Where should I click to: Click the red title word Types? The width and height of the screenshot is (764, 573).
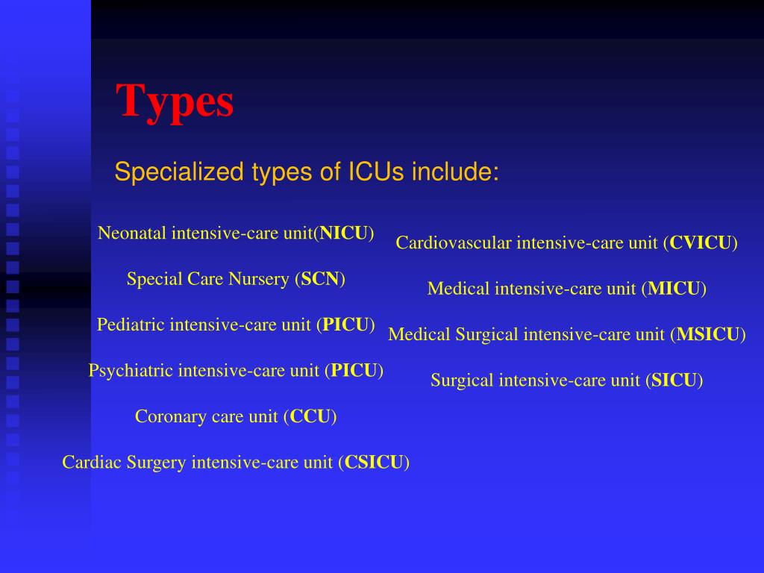tap(175, 102)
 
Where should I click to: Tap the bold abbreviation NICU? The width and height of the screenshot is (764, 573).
tap(344, 234)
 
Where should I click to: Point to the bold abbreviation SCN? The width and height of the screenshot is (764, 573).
tap(320, 280)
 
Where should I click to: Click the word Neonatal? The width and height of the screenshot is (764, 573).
tap(132, 234)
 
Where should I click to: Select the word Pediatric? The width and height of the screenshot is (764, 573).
tap(131, 325)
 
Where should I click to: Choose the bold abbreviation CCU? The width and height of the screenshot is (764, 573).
tap(310, 416)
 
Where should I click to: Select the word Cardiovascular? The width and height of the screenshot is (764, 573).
tap(454, 242)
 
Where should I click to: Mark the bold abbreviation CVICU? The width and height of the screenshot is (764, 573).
tap(701, 242)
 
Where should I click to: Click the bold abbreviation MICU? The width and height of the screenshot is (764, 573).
tap(674, 289)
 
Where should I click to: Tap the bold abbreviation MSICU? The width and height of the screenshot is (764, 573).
tap(708, 334)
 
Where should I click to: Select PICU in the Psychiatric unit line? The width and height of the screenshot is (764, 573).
tap(354, 371)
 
